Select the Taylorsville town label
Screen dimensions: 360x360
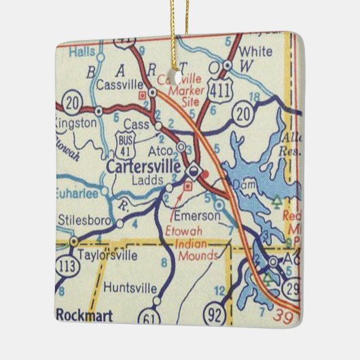[109, 255]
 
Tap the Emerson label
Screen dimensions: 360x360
[197, 216]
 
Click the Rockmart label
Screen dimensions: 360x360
[83, 314]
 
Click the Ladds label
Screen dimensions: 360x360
[145, 181]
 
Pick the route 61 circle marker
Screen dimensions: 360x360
[149, 317]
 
